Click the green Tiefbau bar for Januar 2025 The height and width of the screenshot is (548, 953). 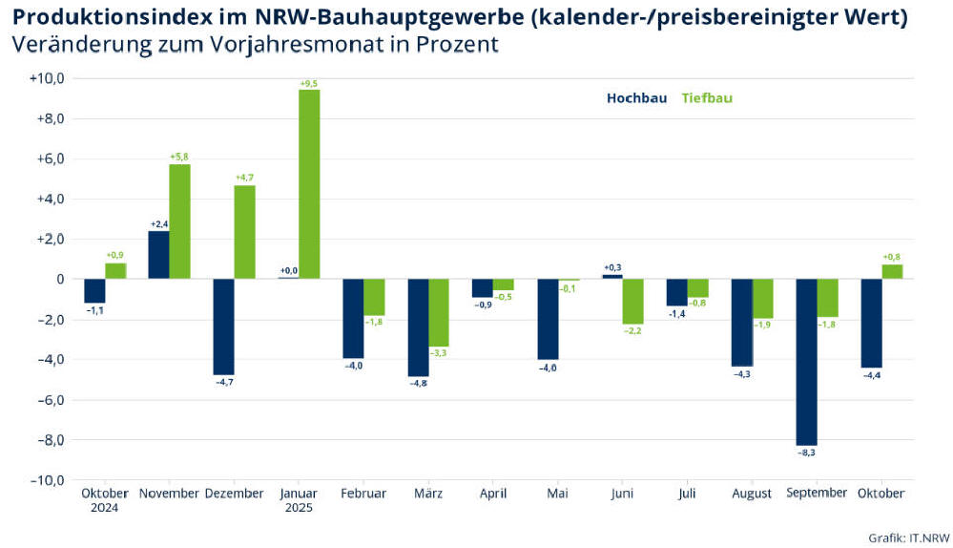309,184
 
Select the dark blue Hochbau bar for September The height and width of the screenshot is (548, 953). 806,362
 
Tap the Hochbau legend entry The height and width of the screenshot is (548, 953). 636,97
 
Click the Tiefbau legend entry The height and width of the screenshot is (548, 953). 707,97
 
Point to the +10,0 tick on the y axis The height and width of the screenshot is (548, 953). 46,79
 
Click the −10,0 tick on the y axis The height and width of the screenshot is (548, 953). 46,479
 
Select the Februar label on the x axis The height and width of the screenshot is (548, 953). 363,494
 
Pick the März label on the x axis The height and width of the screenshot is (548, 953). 428,494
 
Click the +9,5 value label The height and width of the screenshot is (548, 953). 309,84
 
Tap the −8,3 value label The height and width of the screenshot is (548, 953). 806,452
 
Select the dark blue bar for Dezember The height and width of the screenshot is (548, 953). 223,327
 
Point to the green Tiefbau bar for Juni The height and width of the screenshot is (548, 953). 632,302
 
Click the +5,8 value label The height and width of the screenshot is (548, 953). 179,157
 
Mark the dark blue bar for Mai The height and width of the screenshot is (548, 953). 547,319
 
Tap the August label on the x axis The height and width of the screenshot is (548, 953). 752,494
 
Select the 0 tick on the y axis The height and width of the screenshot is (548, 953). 58,280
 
